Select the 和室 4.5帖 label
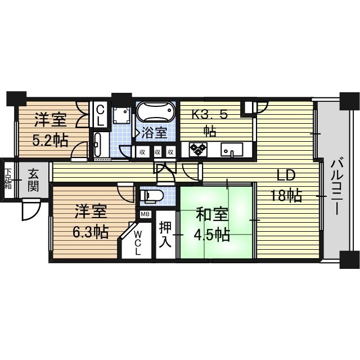click(x=212, y=224)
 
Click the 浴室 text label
click(x=154, y=133)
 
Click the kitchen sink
click(x=231, y=150)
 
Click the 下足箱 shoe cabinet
click(x=8, y=179)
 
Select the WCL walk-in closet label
click(x=138, y=241)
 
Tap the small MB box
click(x=145, y=214)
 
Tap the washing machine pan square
click(x=120, y=116)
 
